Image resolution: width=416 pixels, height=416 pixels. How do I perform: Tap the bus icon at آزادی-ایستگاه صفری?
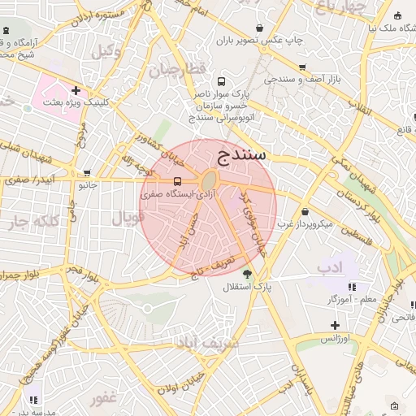pyautogui.click(x=178, y=181)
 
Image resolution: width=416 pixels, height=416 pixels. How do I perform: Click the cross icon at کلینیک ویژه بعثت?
pyautogui.click(x=76, y=90)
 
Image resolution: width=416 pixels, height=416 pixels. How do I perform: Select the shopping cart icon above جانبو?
pyautogui.click(x=87, y=172)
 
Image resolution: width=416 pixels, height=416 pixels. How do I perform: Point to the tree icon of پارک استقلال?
pyautogui.click(x=247, y=273)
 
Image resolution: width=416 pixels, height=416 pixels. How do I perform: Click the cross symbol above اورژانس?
pyautogui.click(x=335, y=325)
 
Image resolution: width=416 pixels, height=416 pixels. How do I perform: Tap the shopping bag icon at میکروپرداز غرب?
pyautogui.click(x=305, y=211)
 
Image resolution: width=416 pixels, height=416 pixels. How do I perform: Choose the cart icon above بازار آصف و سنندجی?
pyautogui.click(x=302, y=67)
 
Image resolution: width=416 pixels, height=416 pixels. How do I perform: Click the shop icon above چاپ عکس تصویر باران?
pyautogui.click(x=259, y=27)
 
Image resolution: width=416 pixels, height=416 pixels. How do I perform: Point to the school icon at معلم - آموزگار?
pyautogui.click(x=352, y=287)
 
